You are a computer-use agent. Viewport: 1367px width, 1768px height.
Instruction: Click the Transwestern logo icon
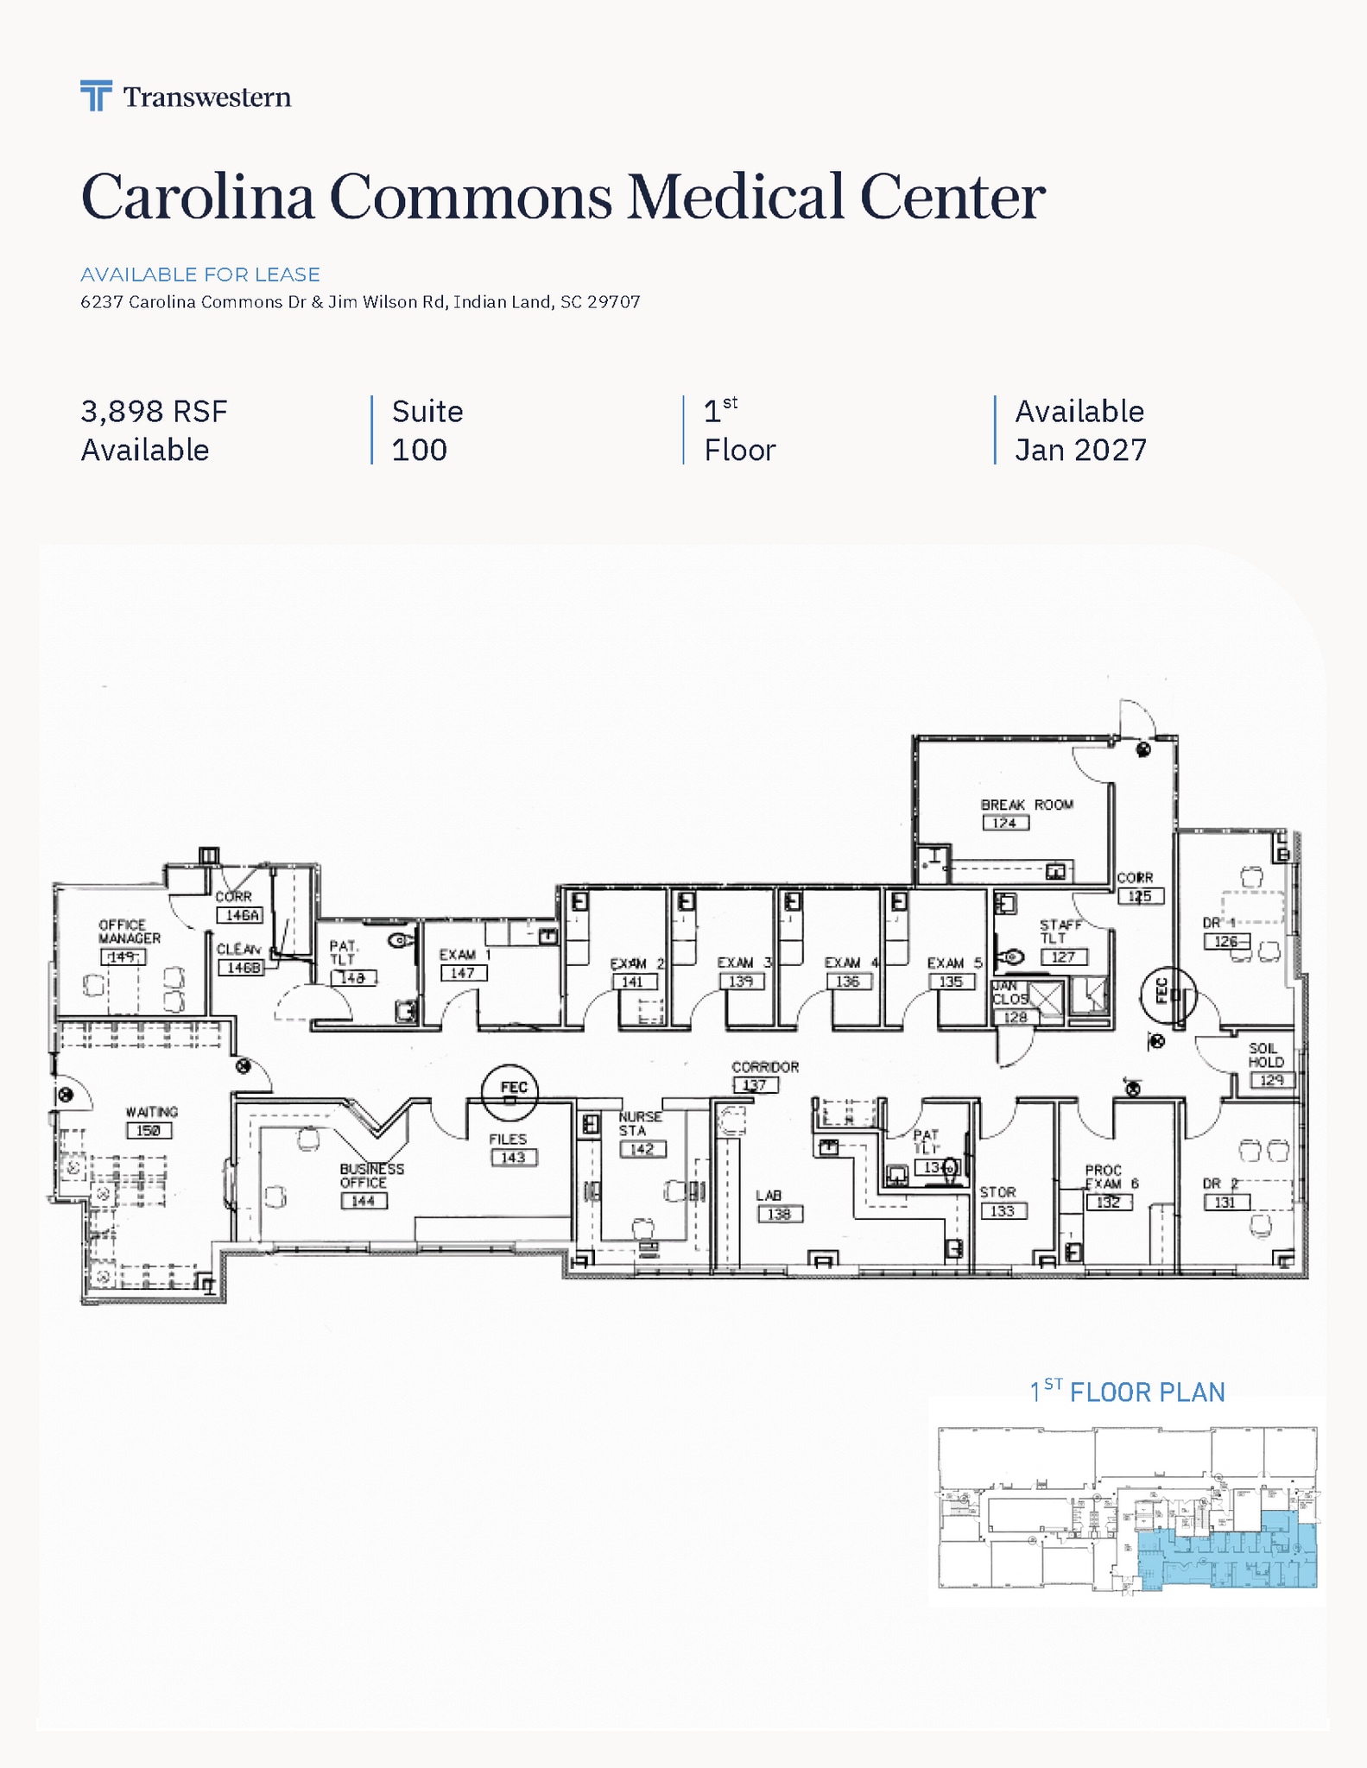click(96, 96)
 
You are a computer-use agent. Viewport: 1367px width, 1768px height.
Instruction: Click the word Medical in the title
click(735, 198)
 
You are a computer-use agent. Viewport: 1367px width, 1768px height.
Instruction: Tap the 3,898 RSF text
click(154, 412)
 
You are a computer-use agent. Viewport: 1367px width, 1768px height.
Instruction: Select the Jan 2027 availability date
click(1080, 451)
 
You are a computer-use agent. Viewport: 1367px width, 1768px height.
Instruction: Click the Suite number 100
click(419, 451)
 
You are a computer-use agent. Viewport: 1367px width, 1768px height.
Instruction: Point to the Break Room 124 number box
click(1005, 823)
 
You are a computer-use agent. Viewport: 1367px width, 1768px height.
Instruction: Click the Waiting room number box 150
click(149, 1130)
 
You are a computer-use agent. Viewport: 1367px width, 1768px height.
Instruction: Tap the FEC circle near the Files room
click(510, 1091)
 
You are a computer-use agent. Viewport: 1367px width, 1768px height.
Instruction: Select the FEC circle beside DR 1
click(1167, 994)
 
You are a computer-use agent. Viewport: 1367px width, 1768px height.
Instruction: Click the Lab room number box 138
click(779, 1214)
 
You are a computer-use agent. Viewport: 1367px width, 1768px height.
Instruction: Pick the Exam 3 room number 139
click(741, 982)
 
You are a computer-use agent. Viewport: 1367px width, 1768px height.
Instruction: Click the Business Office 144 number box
click(363, 1201)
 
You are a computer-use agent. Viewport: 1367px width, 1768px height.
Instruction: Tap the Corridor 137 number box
click(755, 1085)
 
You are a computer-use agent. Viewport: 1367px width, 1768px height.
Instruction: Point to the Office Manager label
click(129, 931)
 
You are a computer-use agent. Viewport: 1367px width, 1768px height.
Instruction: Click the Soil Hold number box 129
click(1271, 1080)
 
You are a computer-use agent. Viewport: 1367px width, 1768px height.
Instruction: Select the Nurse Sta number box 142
click(642, 1149)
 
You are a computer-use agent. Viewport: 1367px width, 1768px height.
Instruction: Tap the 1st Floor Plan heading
click(1127, 1392)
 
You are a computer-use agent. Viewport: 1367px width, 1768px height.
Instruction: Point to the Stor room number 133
click(1002, 1211)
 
